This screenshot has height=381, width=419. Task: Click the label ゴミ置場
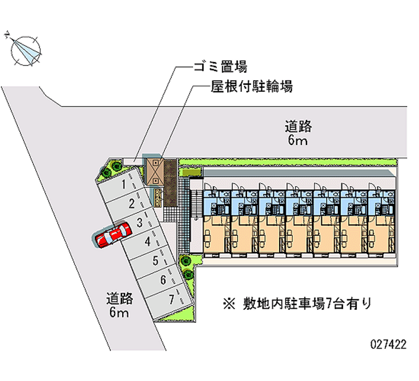(x=220, y=67)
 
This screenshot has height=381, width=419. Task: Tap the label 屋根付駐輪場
(x=251, y=86)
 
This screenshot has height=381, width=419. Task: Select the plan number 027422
(x=388, y=344)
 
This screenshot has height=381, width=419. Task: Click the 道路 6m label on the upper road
(x=298, y=133)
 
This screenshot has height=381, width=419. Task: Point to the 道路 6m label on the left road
(x=119, y=305)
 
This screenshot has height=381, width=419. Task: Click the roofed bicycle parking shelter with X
(x=155, y=172)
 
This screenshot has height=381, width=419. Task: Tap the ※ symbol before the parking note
(x=229, y=304)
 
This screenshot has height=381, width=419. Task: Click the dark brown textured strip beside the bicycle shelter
(x=170, y=182)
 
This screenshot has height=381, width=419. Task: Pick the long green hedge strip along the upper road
(x=287, y=162)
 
